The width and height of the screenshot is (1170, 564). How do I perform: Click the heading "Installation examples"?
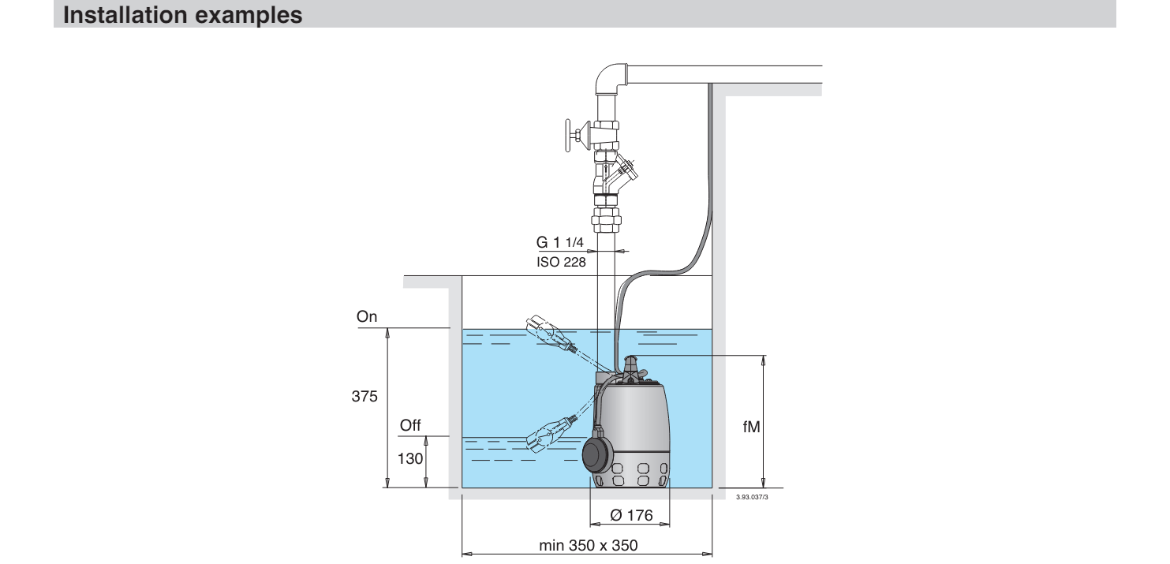(183, 15)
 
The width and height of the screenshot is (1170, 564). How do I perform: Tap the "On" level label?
(367, 316)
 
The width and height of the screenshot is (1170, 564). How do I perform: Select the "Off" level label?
(410, 425)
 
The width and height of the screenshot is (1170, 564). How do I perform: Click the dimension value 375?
(364, 396)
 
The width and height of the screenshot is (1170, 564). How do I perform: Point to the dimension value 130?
(410, 458)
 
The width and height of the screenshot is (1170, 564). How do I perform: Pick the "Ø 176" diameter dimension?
(631, 515)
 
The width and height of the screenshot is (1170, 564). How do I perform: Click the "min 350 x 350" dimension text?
(588, 545)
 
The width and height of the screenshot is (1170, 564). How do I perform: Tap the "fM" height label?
(751, 427)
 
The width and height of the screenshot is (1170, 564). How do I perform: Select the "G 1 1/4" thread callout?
(559, 242)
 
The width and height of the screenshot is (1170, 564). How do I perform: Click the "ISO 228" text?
(561, 262)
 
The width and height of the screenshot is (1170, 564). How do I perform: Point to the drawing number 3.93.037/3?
(752, 497)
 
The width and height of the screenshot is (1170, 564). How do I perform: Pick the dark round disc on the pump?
(599, 455)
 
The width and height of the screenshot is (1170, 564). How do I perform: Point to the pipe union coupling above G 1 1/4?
(606, 220)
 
